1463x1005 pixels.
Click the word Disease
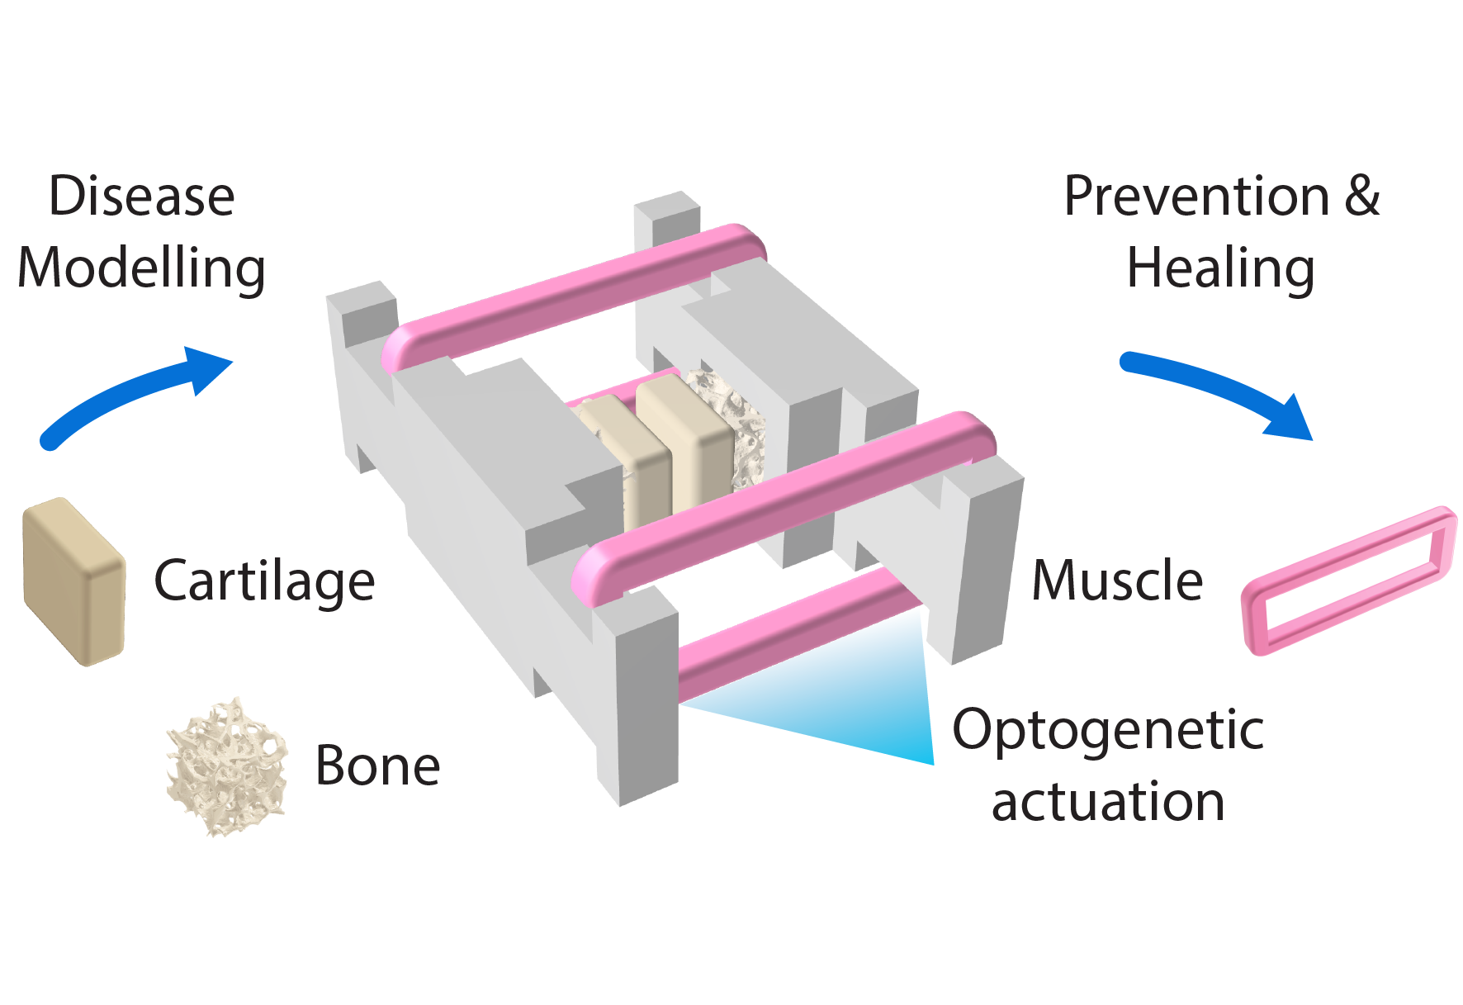[142, 197]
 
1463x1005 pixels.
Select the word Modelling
[141, 268]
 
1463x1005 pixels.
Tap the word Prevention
[1196, 197]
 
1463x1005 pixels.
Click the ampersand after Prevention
[1361, 197]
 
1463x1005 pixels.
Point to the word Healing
[1220, 269]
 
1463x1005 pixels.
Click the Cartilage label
[264, 581]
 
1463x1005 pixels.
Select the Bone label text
[377, 766]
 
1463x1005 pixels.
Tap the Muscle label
[1117, 581]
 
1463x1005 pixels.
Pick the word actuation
[1108, 802]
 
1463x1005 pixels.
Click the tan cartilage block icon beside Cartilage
[74, 581]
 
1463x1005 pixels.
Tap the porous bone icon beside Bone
[227, 766]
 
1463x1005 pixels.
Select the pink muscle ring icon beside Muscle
[1349, 580]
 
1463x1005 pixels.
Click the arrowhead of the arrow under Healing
[1292, 420]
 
